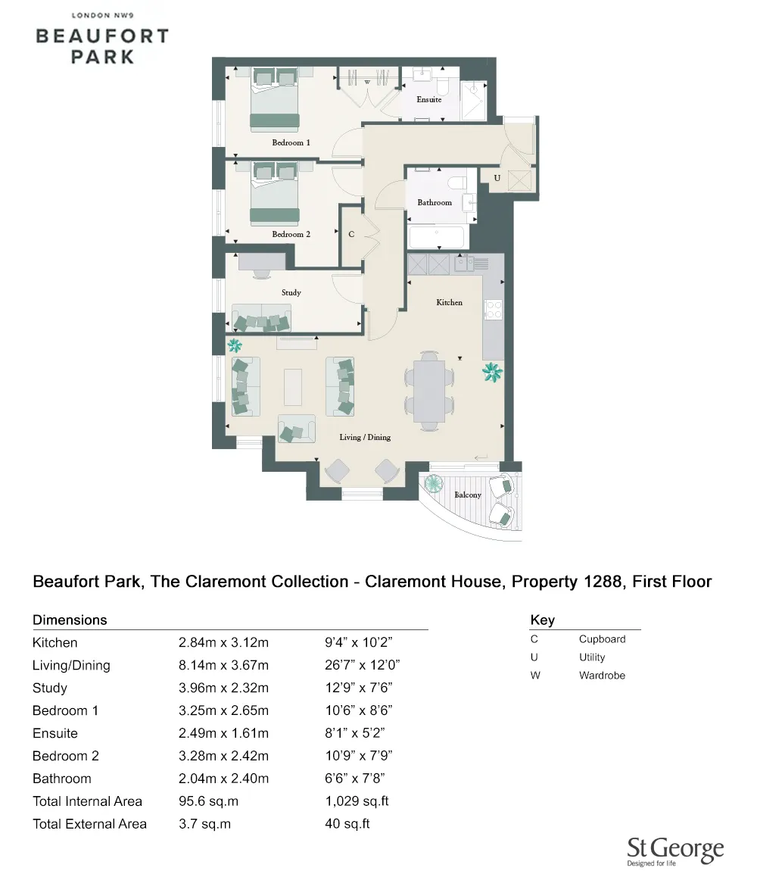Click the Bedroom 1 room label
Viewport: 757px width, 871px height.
tap(291, 142)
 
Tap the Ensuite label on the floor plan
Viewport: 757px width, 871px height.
tap(429, 99)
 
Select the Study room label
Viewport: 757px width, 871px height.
tap(291, 292)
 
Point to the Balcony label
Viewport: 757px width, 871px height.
tap(468, 495)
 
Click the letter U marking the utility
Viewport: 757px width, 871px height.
tap(497, 178)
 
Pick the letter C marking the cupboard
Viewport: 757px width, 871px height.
tap(351, 235)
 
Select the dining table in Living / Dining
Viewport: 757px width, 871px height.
tap(429, 390)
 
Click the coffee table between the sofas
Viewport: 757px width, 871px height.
tap(292, 386)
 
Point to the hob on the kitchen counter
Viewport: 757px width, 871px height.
tap(494, 309)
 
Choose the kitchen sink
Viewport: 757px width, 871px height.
tap(463, 264)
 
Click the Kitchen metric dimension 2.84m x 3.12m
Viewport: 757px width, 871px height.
tap(223, 643)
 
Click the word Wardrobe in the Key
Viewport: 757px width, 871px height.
tap(602, 676)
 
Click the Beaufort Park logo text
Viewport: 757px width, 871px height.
tap(103, 45)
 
